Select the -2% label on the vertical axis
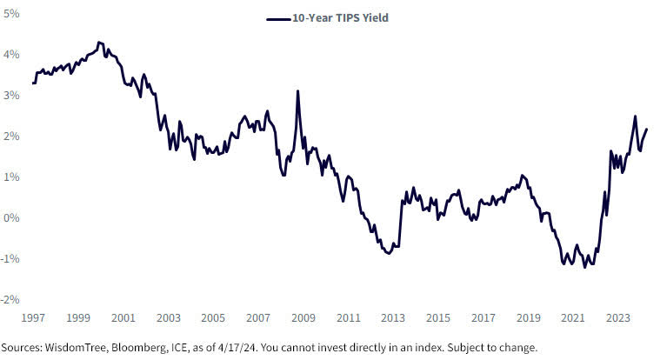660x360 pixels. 11,299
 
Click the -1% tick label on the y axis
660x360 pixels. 11,258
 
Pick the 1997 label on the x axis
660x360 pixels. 33,318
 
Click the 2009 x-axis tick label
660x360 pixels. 303,318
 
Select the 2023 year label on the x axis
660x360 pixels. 617,318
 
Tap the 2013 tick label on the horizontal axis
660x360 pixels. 392,318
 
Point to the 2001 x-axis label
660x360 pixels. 123,318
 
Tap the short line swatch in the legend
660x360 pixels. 277,17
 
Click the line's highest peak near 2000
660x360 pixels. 98,42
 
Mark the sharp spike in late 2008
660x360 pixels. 297,91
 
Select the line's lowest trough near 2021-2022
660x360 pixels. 584,267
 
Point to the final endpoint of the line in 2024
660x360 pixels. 646,130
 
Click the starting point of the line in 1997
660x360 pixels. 33,83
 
